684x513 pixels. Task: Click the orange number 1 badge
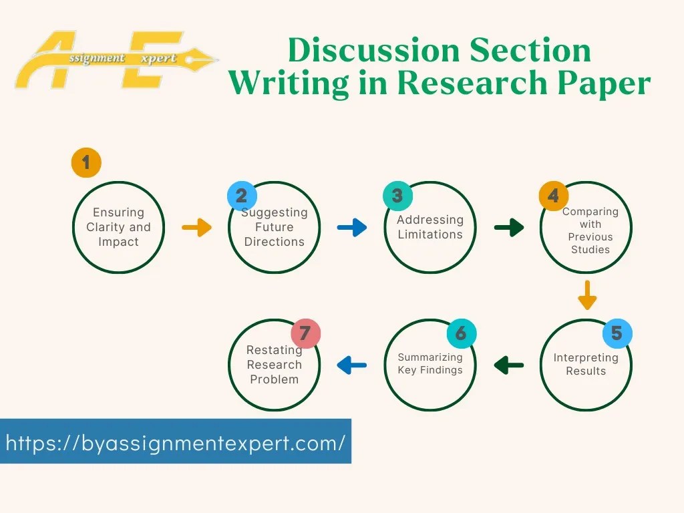pos(85,162)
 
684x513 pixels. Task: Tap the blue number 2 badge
pos(242,195)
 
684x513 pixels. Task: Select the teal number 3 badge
pos(397,195)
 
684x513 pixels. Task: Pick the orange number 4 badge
pos(554,195)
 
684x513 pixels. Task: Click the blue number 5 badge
pos(617,333)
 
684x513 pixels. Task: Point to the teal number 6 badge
pos(461,333)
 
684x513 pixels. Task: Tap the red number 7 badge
pos(305,333)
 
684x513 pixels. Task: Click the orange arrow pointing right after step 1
pos(196,228)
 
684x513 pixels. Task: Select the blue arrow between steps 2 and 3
pos(352,228)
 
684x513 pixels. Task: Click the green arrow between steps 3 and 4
pos(509,228)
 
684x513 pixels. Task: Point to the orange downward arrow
pos(586,295)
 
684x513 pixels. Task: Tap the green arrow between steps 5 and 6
pos(509,365)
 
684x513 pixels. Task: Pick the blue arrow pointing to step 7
pos(352,365)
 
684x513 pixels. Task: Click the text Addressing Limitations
pos(430,227)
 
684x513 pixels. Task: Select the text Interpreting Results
pos(586,364)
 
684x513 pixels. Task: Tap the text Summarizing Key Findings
pos(430,363)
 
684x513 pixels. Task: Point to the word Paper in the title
pos(605,83)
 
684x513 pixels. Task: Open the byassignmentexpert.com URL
pos(176,442)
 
